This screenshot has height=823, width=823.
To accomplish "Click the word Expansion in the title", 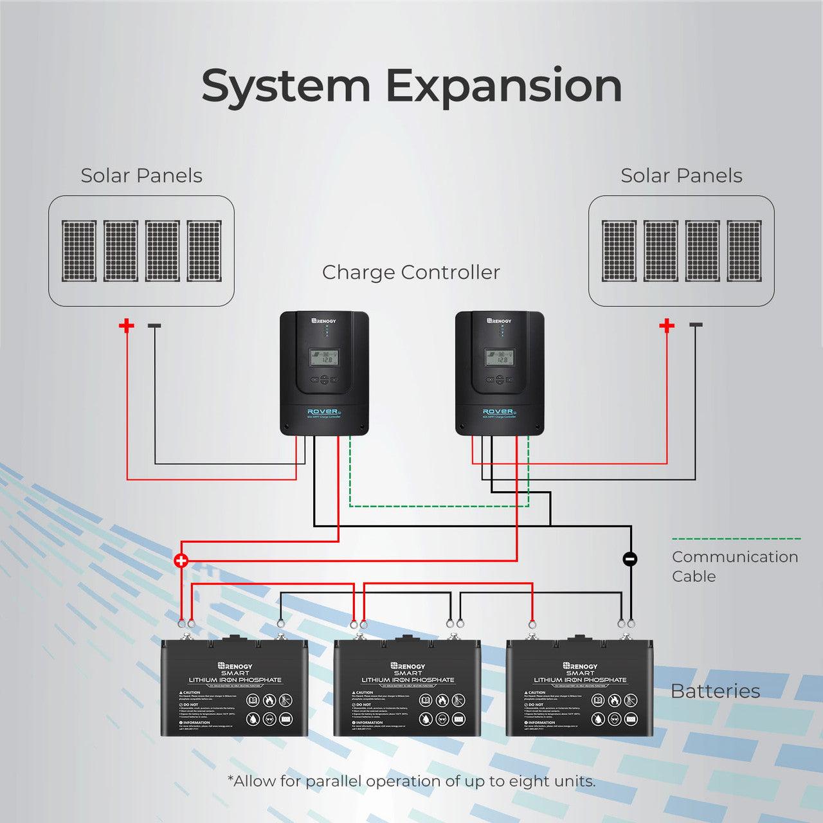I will coord(503,87).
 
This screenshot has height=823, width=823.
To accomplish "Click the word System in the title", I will coord(285,87).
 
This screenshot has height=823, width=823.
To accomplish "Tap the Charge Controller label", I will coord(411,272).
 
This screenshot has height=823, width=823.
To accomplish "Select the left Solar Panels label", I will coord(141,176).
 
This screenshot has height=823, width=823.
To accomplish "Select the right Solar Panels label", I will coord(681,176).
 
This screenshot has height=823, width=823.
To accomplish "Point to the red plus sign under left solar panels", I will coord(127,325).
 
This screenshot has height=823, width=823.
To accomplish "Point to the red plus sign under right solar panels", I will coord(667,325).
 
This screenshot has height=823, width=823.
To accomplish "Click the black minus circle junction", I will coord(630,559).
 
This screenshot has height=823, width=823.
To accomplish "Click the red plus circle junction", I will coord(181,561).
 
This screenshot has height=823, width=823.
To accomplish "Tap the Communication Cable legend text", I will coord(734,566).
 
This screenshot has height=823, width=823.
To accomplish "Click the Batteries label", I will coord(715,691).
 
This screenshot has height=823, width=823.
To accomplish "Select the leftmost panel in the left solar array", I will coord(79,251).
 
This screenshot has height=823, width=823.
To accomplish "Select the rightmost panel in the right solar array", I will coord(744,251).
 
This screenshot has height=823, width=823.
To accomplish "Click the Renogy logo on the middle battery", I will coord(408,667).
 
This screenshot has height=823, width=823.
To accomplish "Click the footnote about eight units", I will coord(411,781).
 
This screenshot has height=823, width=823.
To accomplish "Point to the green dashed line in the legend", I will coord(736,539).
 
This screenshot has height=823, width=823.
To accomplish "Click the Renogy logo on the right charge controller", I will coord(498,320).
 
